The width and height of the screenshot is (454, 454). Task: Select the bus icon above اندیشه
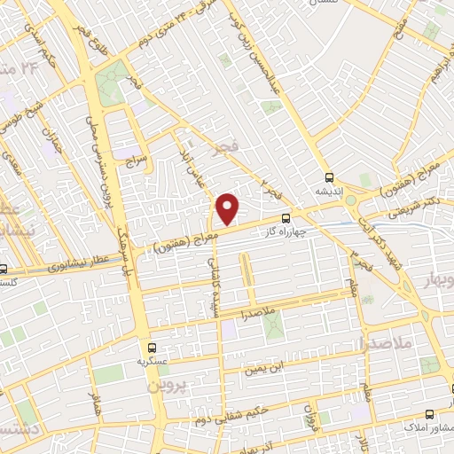[x=330, y=176]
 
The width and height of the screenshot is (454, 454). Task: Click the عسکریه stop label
[x=152, y=362]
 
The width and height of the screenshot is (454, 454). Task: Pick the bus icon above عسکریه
[x=152, y=348]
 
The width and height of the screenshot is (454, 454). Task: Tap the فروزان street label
[x=309, y=411]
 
